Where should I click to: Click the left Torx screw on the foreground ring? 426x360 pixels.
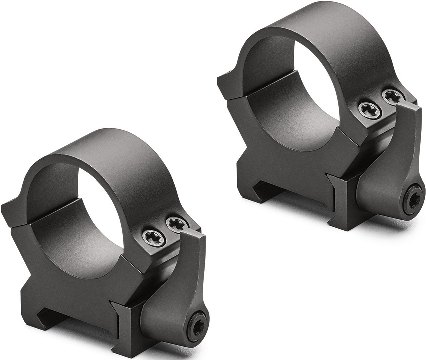click(154, 237)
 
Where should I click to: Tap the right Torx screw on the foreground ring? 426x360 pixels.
click(177, 224)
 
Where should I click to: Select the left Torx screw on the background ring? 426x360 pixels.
click(370, 109)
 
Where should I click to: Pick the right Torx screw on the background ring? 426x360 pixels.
click(394, 96)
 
